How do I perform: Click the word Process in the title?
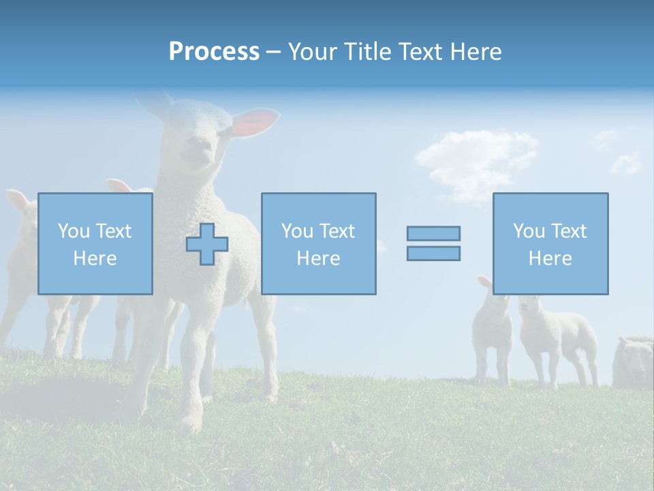[214, 52]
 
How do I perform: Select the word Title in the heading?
[370, 52]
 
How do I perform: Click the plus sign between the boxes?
[207, 244]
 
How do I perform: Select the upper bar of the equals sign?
[433, 233]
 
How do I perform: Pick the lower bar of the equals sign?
[433, 254]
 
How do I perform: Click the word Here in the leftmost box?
[95, 258]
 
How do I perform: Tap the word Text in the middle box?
[337, 231]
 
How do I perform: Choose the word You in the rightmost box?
[529, 231]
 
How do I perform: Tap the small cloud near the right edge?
[625, 163]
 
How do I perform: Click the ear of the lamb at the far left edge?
[18, 200]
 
